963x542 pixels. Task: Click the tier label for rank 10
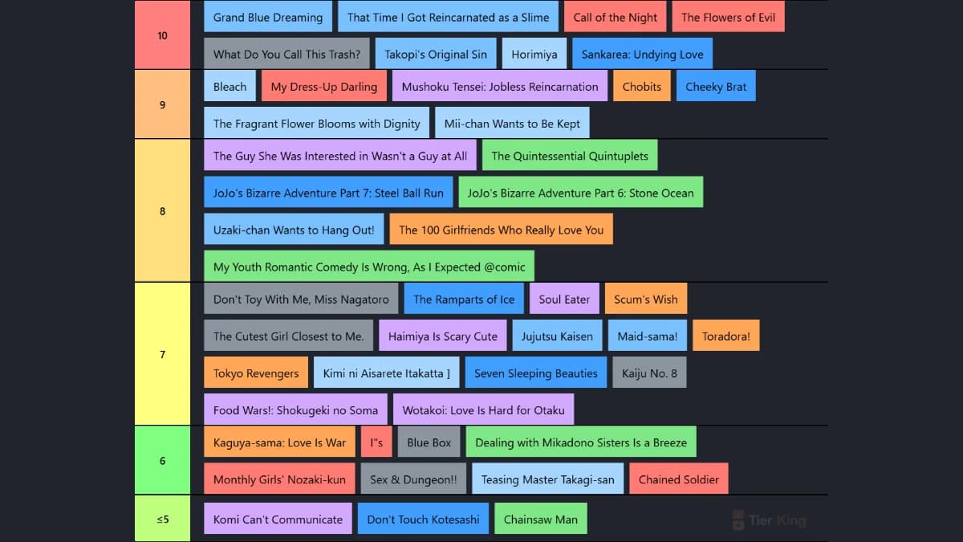point(162,35)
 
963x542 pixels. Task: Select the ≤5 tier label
point(162,519)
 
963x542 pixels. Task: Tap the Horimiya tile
point(534,54)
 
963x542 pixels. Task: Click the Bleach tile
point(230,86)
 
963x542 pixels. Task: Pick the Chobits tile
point(641,86)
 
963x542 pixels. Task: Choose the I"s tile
point(376,442)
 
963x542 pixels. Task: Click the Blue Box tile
point(429,442)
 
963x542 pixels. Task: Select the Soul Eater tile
point(564,299)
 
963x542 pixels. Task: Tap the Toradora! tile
point(725,336)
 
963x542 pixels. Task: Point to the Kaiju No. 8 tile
point(649,373)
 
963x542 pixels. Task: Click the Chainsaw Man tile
point(540,519)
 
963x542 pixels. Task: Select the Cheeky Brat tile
point(716,86)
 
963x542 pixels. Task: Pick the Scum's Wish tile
point(646,299)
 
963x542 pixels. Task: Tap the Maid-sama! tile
point(647,336)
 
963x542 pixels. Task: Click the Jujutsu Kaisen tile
point(557,336)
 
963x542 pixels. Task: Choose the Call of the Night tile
point(615,17)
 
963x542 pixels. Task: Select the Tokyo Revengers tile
point(256,373)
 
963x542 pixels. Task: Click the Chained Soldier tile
point(678,479)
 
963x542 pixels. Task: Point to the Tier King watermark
point(769,520)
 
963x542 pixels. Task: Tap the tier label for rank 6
point(162,460)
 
